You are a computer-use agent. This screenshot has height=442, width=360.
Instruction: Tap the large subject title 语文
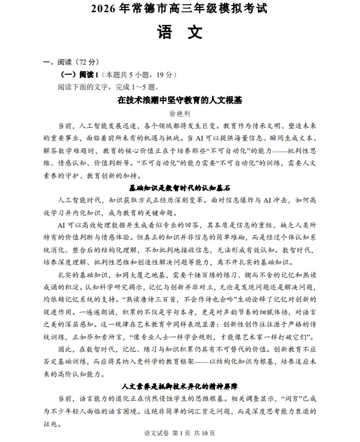pyautogui.click(x=179, y=32)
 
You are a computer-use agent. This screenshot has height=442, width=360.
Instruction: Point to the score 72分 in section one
pyautogui.click(x=85, y=61)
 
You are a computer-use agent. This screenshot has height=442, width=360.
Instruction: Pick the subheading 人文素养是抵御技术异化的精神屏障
pyautogui.click(x=179, y=387)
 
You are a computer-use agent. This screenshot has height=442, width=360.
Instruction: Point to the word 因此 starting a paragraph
pyautogui.click(x=65, y=349)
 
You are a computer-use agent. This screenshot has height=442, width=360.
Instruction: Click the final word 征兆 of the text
pyautogui.click(x=51, y=425)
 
